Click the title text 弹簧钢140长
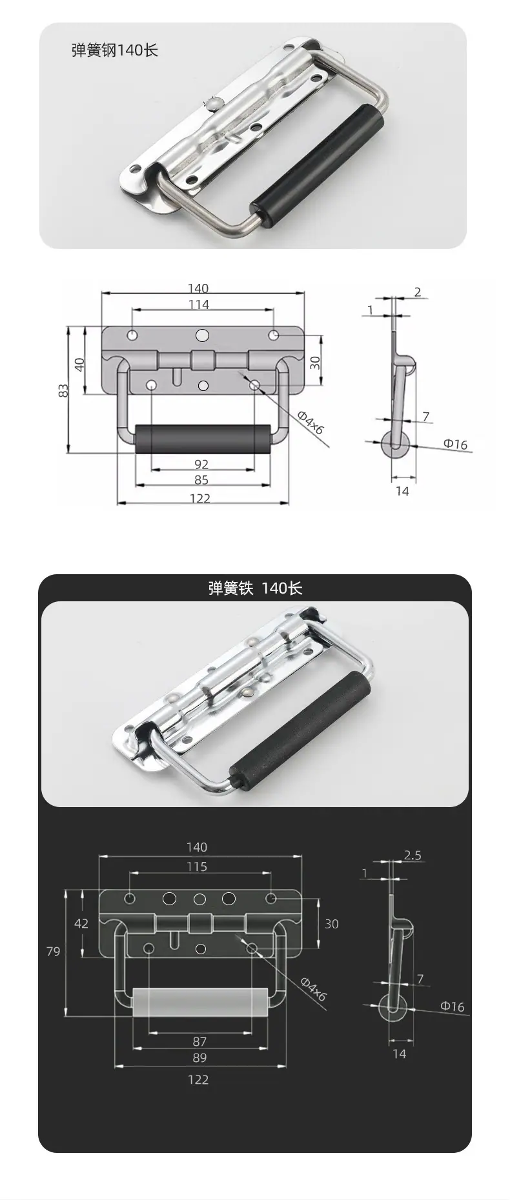pos(115,50)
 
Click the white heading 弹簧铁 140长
pos(255,588)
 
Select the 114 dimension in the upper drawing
pos(199,305)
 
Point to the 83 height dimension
pos(63,390)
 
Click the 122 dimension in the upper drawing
pos(200,498)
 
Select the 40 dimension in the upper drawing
pos(79,363)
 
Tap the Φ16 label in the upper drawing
pos(454,443)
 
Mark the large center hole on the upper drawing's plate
pos(203,335)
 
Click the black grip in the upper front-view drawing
pos(203,439)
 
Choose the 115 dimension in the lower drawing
pos(197,866)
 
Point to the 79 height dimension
pos(54,951)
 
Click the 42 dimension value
pos(81,923)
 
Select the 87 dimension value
pos(199,1041)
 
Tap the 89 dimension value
pos(199,1057)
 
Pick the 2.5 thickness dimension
pos(413,855)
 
